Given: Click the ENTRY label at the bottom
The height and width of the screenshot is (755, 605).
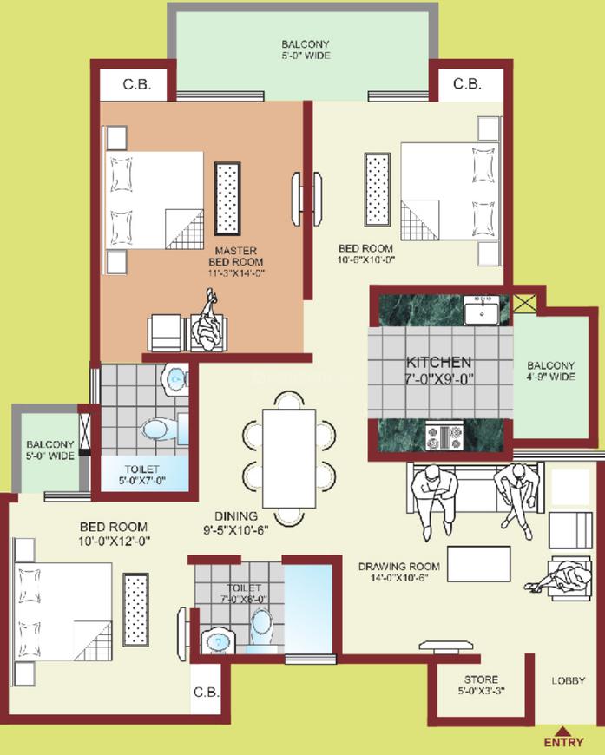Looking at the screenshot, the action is pos(563,742).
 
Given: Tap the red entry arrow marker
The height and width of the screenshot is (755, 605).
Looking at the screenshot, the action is pos(562,731).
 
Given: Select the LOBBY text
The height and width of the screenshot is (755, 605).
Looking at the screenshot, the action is pos(569,681).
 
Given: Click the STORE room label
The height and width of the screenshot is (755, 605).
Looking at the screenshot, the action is pos(481,679).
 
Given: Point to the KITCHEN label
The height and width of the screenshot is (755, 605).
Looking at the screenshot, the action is pos(439,362).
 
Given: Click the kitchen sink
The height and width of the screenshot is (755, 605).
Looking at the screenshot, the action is pos(481,311).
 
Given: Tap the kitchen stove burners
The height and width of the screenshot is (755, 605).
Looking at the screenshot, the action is pos(444,437).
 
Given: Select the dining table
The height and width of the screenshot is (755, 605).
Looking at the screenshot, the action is pos(289,459).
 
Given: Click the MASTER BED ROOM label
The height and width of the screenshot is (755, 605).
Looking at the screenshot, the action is pos(236,256).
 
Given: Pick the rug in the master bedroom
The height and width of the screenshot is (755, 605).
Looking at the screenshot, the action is pos(227,199).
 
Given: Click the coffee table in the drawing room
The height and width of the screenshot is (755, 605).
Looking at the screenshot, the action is pos(479,564).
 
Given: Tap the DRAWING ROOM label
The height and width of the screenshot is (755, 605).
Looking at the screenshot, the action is pos(398,567).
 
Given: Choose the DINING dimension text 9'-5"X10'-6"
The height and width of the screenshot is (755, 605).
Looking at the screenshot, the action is pos(235,530).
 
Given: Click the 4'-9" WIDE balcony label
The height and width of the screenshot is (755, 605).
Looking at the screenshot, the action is pos(551,377).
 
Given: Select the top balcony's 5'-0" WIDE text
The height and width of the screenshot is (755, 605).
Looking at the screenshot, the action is pos(306,56).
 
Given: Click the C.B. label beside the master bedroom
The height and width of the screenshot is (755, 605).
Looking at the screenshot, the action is pos(137,84).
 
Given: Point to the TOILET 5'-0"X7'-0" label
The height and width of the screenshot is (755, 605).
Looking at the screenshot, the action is pos(142,475).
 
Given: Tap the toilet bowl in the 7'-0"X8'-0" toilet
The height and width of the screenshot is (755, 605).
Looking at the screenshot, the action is pos(262,627).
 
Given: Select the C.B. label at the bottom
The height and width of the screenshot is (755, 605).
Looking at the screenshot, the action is pos(207,693).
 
